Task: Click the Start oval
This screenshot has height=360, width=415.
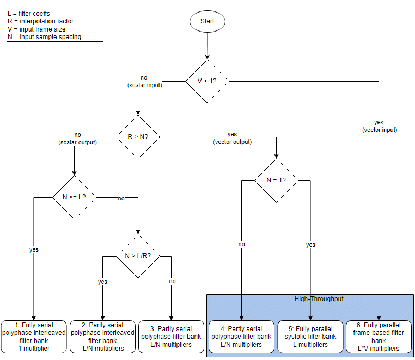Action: point(207,21)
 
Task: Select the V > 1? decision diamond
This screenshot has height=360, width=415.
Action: point(207,81)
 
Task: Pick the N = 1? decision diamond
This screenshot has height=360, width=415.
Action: point(276,180)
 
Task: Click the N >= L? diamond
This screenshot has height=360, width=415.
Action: point(74,197)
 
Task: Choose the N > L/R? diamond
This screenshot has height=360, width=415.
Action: point(138,255)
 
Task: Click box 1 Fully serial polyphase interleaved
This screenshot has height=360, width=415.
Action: point(34,337)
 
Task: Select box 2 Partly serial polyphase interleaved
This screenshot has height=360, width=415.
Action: point(102,337)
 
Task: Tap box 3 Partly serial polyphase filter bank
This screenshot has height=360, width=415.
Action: point(172,337)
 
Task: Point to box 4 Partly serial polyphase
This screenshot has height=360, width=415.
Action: point(242,337)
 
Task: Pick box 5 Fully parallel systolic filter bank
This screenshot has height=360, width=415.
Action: point(310,337)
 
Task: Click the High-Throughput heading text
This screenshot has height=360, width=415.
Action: point(310,299)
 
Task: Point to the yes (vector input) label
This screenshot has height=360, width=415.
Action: point(379,126)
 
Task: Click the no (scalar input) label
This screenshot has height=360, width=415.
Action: point(144,82)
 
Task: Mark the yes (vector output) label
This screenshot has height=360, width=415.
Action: point(232,137)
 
